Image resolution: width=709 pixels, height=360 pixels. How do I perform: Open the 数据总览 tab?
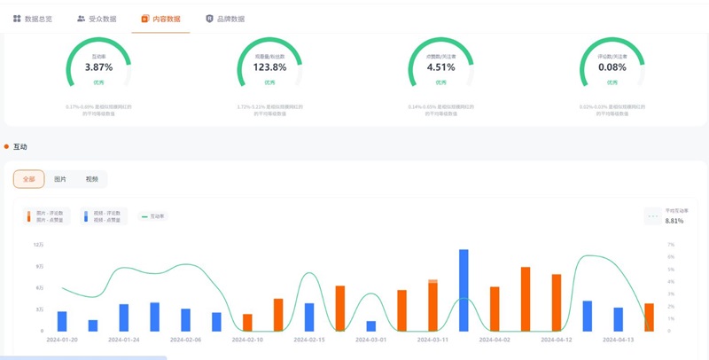(x=33, y=19)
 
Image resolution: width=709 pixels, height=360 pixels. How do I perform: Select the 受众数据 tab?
(x=97, y=19)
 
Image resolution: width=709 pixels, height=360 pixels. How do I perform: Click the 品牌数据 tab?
(x=225, y=19)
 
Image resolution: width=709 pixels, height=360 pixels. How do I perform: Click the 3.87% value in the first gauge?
(x=98, y=67)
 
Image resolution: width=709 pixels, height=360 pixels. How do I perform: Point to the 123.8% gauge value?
(x=270, y=67)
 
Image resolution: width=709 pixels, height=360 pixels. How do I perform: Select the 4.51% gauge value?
(x=440, y=67)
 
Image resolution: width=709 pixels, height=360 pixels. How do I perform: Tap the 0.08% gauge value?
(x=612, y=67)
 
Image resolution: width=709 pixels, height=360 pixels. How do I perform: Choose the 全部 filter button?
(x=29, y=179)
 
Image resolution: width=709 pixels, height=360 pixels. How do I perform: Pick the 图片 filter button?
(x=60, y=179)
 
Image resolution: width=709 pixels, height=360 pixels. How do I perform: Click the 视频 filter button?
(x=91, y=179)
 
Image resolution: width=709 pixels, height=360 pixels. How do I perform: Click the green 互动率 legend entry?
(x=154, y=216)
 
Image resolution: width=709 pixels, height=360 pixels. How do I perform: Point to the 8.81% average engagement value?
(x=674, y=221)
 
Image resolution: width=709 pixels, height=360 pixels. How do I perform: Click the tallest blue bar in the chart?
(x=464, y=290)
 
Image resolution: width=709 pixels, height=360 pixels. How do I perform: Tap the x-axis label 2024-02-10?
(x=248, y=340)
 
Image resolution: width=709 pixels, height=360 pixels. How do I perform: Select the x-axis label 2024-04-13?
(x=619, y=340)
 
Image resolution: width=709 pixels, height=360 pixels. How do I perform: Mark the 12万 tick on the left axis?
(x=39, y=245)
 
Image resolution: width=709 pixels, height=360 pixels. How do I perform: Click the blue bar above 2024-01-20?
(x=62, y=321)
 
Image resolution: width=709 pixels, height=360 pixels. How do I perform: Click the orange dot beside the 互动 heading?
(x=6, y=146)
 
